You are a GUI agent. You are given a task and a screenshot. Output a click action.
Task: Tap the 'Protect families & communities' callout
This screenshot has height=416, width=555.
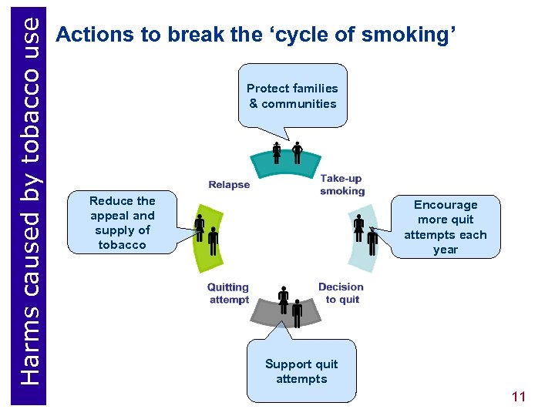[292, 96]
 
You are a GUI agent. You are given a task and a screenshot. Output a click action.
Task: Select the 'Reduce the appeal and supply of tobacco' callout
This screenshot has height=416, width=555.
[122, 223]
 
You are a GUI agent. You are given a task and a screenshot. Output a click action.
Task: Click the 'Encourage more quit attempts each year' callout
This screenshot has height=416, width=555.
[446, 226]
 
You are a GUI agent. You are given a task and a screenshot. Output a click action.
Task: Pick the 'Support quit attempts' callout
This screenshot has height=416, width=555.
[301, 371]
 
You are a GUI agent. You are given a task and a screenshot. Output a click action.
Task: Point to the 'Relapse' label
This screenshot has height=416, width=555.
[229, 184]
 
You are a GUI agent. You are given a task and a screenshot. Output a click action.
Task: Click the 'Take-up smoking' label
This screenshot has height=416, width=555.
[341, 184]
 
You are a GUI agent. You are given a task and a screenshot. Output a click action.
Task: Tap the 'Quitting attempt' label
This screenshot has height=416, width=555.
[228, 293]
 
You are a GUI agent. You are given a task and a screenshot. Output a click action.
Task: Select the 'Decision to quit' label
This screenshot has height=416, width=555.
[341, 293]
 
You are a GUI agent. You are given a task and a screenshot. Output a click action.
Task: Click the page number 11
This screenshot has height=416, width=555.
[518, 397]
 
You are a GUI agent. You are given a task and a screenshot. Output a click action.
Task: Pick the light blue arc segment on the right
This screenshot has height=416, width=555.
[362, 247]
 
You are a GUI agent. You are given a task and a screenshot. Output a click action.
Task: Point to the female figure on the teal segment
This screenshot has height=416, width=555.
[277, 153]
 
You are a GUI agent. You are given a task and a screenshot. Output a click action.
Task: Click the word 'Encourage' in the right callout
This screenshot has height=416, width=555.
[446, 205]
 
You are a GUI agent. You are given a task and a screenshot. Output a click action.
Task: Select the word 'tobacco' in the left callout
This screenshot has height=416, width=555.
[122, 245]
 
